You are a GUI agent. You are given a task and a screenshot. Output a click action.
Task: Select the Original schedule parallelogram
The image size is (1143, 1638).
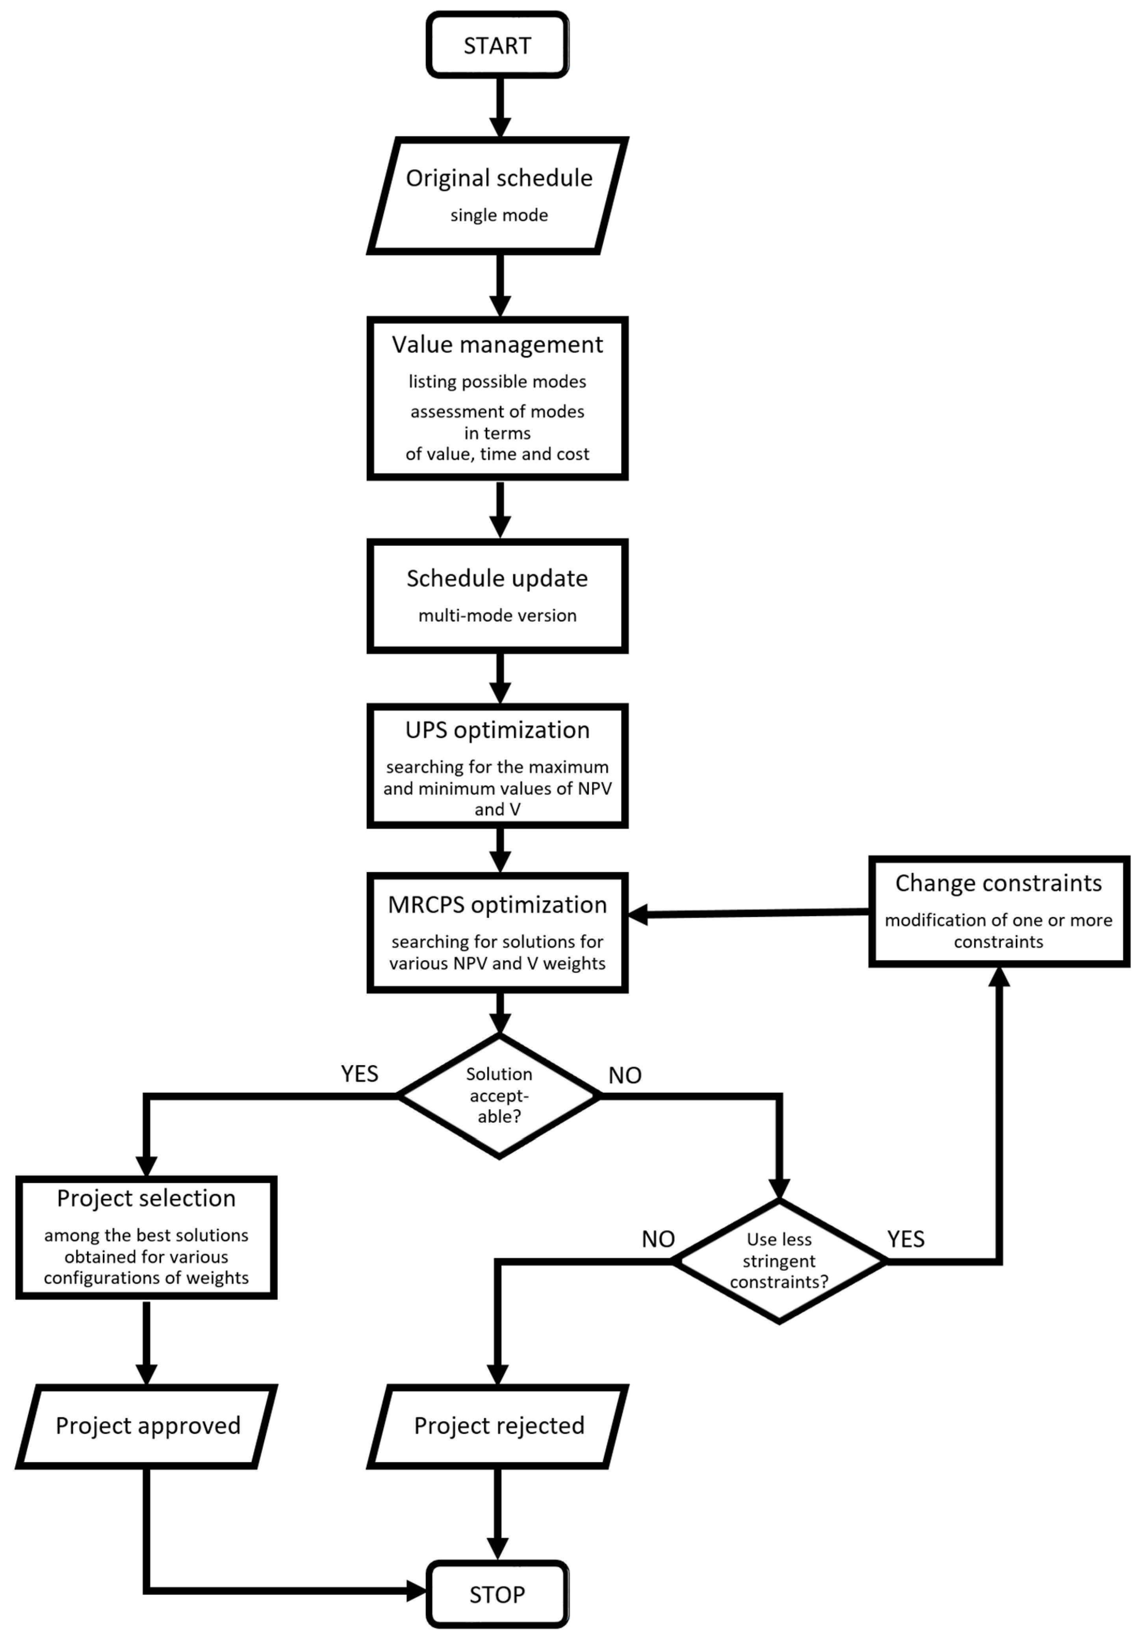[498, 195]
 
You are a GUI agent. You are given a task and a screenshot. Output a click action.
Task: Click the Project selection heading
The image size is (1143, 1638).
[146, 1198]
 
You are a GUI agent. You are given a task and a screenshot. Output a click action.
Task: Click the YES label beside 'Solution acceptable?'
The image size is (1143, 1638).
[359, 1074]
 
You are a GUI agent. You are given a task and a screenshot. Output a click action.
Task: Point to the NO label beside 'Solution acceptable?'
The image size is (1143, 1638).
[625, 1075]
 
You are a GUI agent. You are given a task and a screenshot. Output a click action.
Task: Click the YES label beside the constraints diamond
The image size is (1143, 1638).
[905, 1239]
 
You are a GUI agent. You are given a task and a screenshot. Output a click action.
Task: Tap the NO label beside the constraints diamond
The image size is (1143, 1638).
[658, 1239]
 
